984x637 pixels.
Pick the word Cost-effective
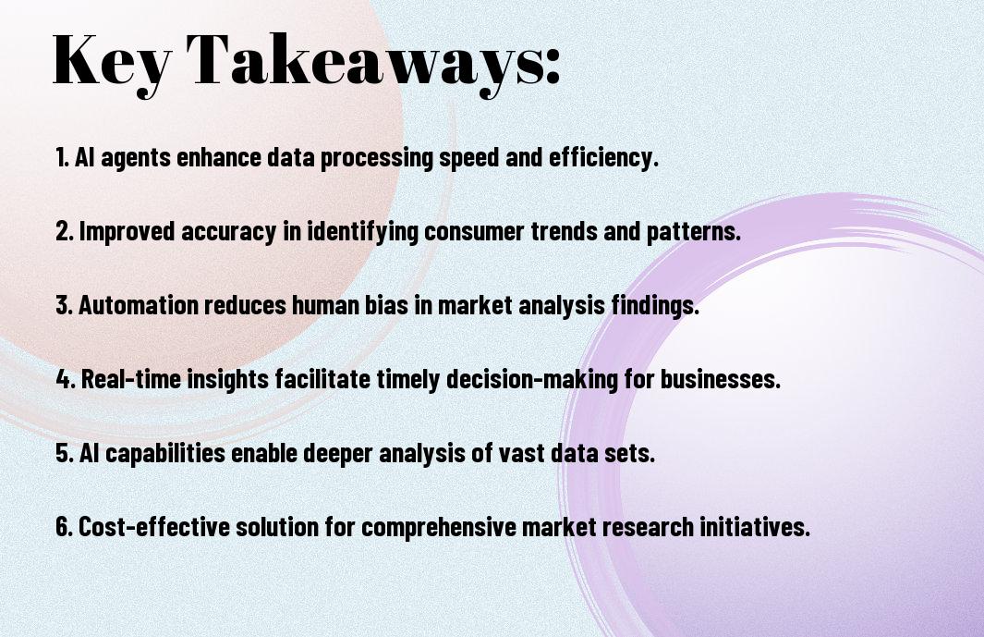(153, 526)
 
